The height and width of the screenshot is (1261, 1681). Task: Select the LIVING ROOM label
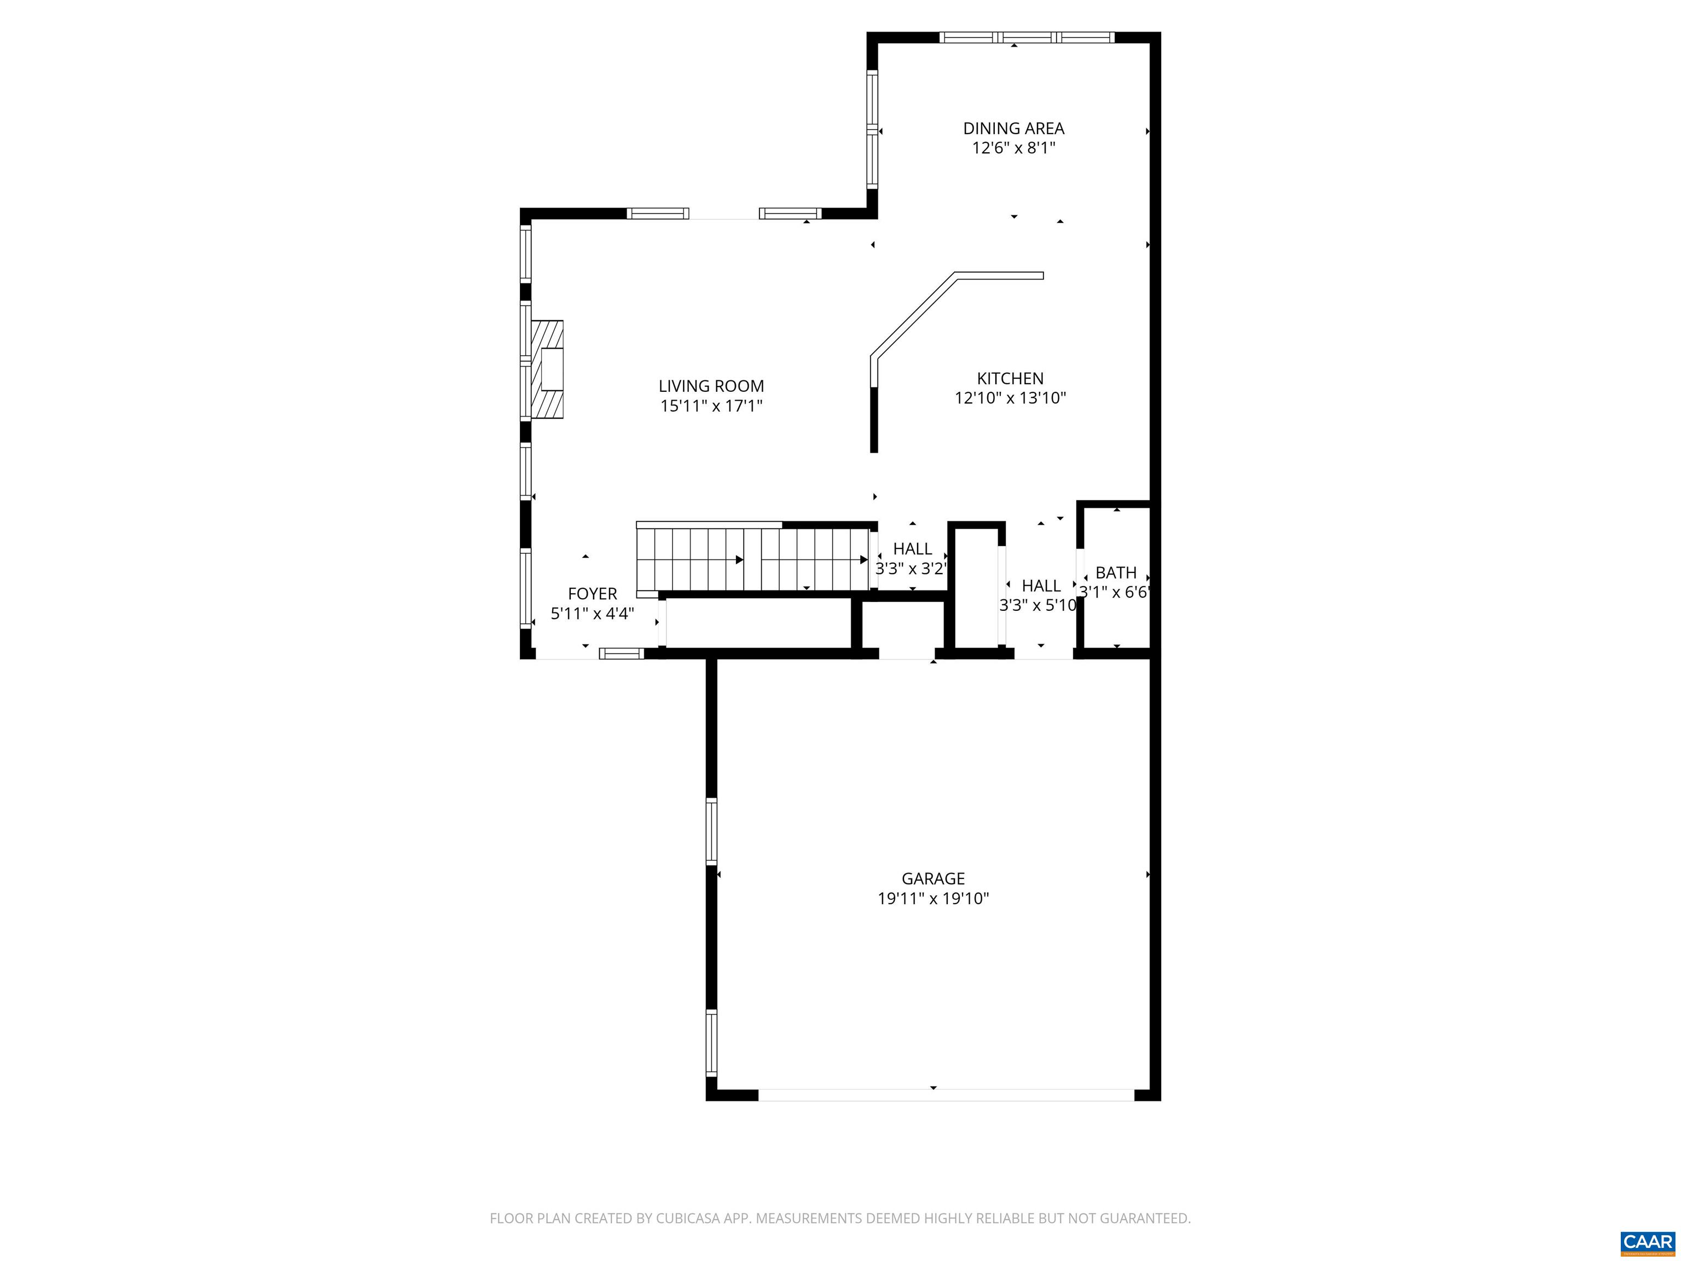[711, 386]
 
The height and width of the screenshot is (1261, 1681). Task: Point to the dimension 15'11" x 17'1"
[711, 406]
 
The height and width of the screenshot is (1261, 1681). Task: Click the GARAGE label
[932, 878]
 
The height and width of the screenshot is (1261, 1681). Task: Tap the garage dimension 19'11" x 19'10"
[932, 899]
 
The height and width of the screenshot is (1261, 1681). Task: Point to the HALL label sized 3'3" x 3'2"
[912, 549]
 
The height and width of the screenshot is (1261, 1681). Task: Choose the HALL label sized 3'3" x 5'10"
[1040, 585]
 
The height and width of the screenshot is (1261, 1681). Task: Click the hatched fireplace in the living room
[548, 369]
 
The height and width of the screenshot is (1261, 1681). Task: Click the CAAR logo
[1647, 1242]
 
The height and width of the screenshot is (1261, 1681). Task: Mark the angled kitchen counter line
[912, 315]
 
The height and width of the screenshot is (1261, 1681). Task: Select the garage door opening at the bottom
[946, 1095]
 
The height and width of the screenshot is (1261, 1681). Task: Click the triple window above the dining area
[1026, 37]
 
